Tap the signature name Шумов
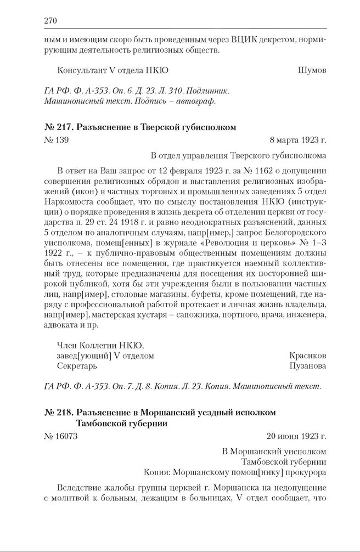(x=312, y=70)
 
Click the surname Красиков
(x=308, y=355)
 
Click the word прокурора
(x=306, y=471)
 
